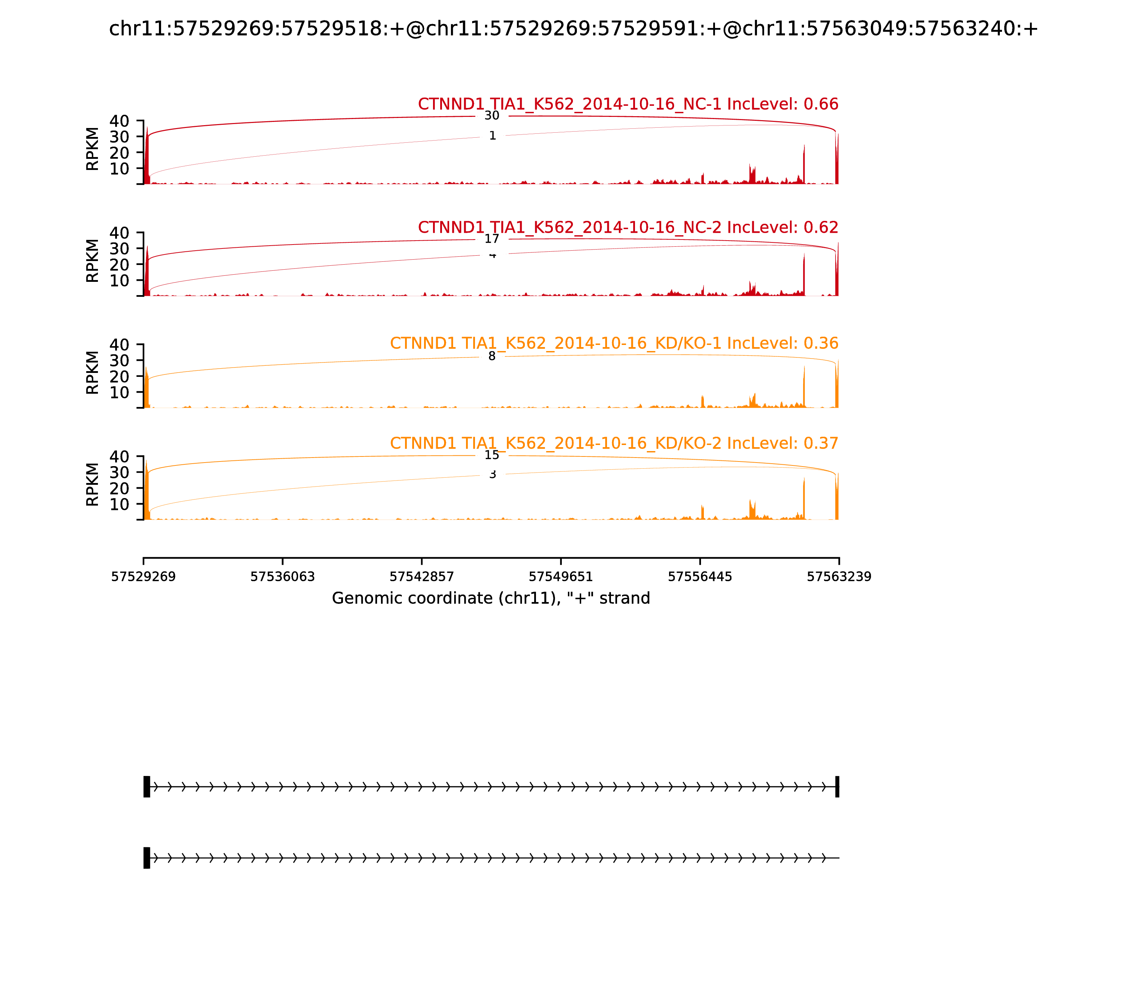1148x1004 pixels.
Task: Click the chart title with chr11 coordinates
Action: click(573, 29)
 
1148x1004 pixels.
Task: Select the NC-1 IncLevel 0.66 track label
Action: click(628, 104)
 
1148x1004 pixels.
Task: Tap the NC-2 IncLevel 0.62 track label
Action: click(628, 227)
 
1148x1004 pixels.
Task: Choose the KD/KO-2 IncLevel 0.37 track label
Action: click(614, 443)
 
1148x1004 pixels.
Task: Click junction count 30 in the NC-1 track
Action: click(491, 116)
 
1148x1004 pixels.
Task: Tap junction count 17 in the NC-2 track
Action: click(491, 239)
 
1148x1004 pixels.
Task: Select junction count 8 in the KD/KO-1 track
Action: click(491, 356)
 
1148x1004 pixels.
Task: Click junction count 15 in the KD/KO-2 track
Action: click(491, 455)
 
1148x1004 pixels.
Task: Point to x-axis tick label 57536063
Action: click(283, 577)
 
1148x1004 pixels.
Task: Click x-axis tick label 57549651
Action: click(560, 577)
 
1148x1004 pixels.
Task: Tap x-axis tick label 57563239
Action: click(839, 577)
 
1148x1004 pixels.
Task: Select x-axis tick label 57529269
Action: click(143, 577)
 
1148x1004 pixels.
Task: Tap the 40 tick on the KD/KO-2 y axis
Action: click(119, 456)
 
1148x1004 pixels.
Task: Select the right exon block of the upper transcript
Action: click(837, 787)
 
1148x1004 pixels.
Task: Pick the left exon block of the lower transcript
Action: click(147, 858)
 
